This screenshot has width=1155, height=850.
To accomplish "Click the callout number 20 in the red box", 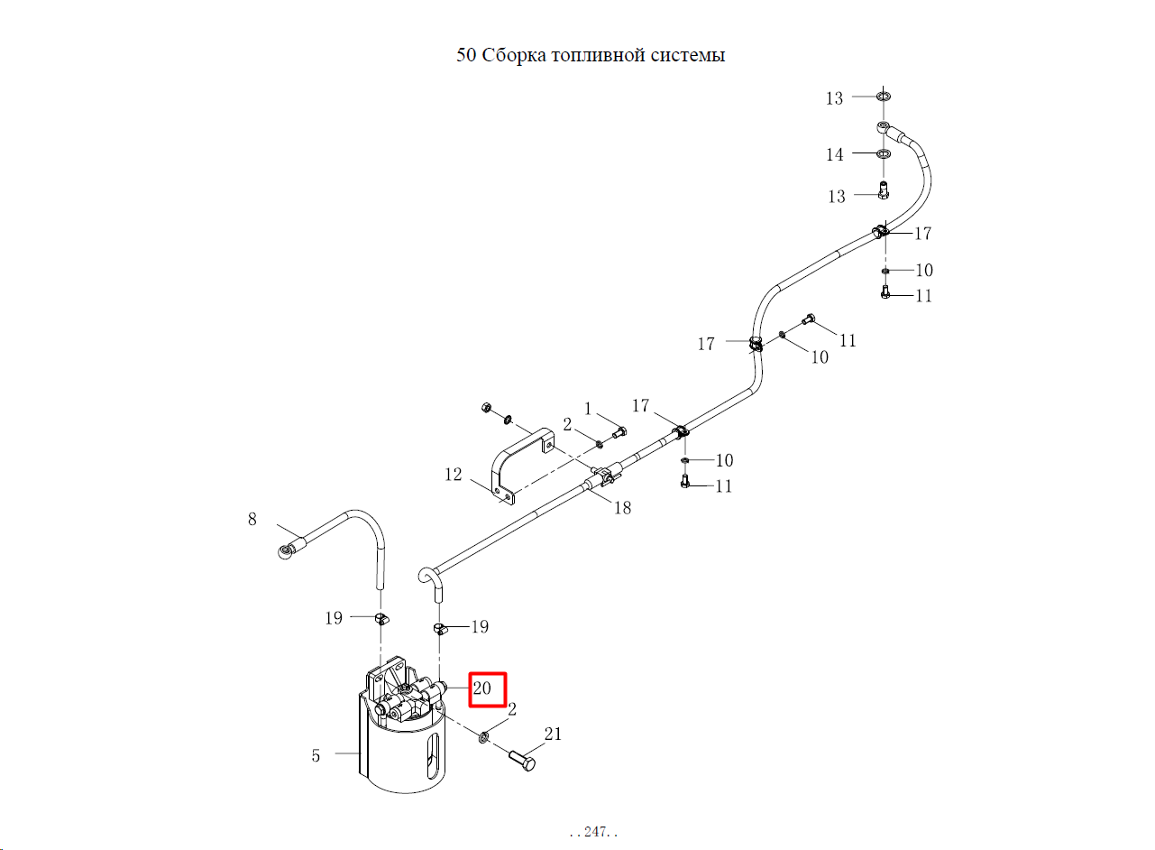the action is click(481, 688).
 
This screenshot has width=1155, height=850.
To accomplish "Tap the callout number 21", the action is click(553, 734).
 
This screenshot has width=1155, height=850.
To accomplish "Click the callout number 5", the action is click(316, 755).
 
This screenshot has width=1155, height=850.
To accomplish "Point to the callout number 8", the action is click(252, 519).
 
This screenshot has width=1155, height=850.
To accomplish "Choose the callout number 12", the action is click(454, 475).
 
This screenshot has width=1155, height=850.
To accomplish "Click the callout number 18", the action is click(622, 508).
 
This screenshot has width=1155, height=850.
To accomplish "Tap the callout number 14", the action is click(835, 154).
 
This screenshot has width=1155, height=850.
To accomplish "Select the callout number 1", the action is click(588, 409).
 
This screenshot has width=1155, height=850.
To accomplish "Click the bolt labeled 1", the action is click(619, 432).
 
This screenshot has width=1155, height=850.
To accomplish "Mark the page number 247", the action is click(595, 831).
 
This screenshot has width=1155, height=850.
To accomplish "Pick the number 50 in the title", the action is click(465, 55).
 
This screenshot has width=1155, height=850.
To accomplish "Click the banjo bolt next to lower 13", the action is click(884, 189).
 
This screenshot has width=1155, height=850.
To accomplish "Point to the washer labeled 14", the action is click(884, 153).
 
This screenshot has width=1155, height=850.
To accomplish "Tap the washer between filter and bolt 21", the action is click(483, 737).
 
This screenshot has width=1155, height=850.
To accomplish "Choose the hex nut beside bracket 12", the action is click(485, 408).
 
